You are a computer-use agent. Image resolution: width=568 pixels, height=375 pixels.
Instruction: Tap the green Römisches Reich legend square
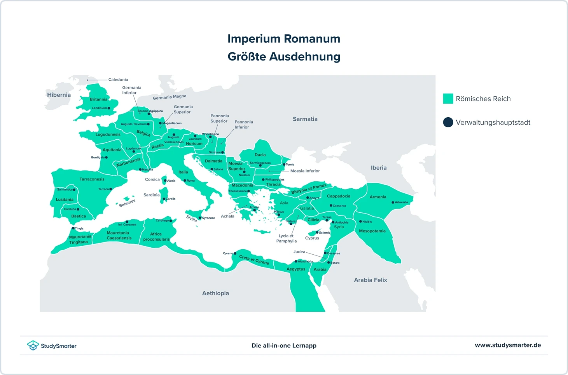tap(448, 99)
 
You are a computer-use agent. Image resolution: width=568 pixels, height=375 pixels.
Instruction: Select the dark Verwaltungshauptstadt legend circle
tap(448, 122)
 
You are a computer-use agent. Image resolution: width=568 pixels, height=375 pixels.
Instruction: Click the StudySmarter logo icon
tap(33, 345)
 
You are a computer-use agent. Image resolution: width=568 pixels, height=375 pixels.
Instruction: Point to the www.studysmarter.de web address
tap(508, 345)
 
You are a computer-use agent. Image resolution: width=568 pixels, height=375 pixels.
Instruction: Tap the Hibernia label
tap(59, 95)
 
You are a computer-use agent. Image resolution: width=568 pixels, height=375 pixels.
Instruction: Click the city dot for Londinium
tap(109, 108)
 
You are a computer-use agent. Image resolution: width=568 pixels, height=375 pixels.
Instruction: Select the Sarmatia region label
tap(305, 119)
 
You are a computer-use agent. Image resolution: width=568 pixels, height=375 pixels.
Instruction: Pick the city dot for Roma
tap(185, 181)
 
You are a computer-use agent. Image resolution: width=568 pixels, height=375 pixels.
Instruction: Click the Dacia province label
tap(260, 155)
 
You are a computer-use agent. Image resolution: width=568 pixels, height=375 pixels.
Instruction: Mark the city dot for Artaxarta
tap(393, 202)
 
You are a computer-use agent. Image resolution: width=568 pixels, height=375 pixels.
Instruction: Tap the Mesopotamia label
tap(372, 231)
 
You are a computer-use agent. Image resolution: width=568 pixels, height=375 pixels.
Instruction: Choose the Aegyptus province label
tap(296, 269)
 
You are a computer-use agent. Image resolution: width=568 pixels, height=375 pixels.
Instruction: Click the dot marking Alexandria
tap(296, 262)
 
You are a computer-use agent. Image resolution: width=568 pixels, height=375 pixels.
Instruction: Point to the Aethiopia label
tap(215, 293)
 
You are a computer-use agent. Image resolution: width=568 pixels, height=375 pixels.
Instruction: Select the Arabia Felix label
tap(370, 280)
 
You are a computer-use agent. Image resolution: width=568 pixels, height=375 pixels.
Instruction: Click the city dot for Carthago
tap(171, 220)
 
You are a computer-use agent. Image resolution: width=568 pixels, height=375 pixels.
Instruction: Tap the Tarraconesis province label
tap(92, 179)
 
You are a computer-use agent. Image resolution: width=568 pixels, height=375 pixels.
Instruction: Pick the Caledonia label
tap(118, 80)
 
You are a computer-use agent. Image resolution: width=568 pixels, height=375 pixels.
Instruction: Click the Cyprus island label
tap(312, 238)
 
